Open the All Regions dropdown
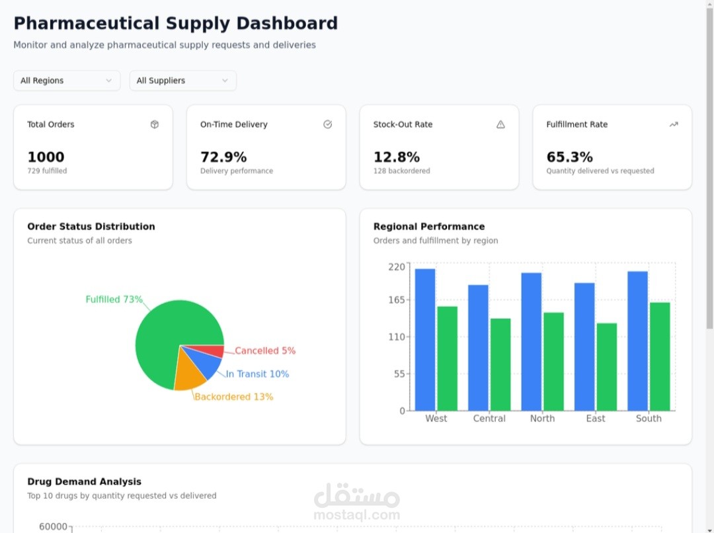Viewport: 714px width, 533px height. click(x=67, y=81)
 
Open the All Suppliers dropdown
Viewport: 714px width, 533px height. click(x=182, y=81)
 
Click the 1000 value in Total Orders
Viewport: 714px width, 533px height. click(x=46, y=157)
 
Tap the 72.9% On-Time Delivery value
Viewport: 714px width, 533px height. click(x=223, y=157)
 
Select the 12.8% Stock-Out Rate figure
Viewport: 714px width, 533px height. click(x=397, y=157)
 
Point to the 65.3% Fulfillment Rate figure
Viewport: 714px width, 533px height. click(x=570, y=157)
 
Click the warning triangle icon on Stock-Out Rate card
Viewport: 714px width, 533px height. click(x=500, y=124)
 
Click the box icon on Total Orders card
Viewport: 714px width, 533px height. click(x=155, y=124)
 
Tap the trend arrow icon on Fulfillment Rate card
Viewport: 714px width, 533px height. click(x=674, y=124)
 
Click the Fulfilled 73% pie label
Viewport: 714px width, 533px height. click(x=114, y=300)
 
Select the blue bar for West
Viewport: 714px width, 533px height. click(x=425, y=339)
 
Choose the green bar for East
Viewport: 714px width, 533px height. click(x=607, y=366)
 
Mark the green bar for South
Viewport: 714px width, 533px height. click(x=660, y=356)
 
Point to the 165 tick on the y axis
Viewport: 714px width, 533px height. click(x=396, y=300)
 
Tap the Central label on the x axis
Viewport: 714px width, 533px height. click(x=489, y=419)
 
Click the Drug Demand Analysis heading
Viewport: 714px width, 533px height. click(x=84, y=481)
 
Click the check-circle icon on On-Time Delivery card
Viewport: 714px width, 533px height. click(x=327, y=124)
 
